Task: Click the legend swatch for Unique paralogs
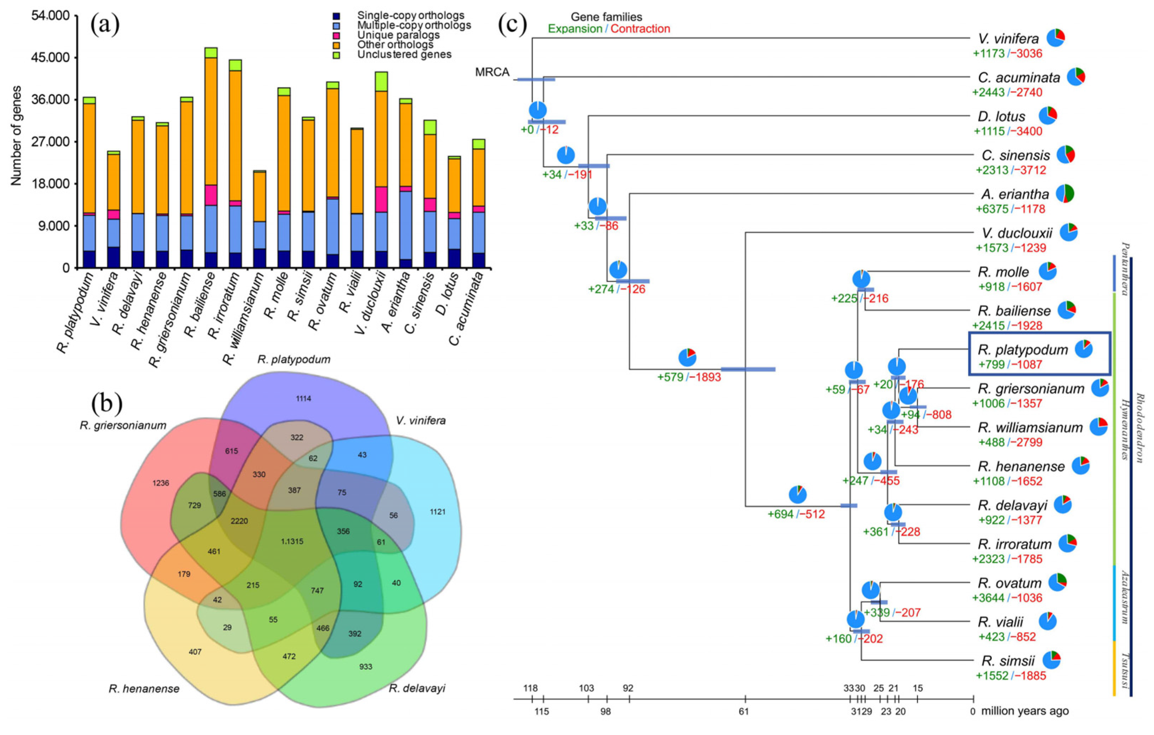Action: [336, 35]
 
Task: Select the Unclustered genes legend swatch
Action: [336, 55]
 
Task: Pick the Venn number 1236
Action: [161, 483]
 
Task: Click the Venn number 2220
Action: [239, 521]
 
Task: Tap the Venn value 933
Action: [366, 667]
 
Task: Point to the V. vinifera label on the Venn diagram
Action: [421, 421]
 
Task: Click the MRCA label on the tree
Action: [492, 72]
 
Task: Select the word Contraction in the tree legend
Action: [640, 29]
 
